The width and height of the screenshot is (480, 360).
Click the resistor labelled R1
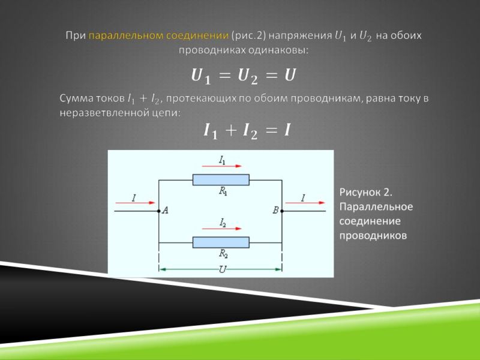coord(221,179)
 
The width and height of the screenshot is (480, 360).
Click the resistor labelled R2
coord(221,242)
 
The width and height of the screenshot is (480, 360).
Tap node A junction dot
coord(158,211)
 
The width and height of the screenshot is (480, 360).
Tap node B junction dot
coord(282,211)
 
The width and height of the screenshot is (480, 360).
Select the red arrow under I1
coord(221,166)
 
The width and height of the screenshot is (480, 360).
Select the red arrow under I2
coord(221,229)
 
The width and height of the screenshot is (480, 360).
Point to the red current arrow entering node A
coord(135,203)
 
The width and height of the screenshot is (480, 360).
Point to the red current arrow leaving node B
coord(305,203)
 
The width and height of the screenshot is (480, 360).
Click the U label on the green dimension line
coord(223,269)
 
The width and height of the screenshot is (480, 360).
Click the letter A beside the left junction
coord(166,211)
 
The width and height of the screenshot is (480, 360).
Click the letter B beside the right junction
coord(275,211)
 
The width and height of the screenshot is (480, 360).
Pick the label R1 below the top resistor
coord(223,191)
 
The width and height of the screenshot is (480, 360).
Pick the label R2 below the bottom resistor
coord(223,254)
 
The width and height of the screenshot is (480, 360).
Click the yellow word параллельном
coord(126,36)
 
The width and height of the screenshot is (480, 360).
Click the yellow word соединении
coord(197,36)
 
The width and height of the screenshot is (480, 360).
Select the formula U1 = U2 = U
coord(244,76)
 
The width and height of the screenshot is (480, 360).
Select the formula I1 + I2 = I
coord(247,131)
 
